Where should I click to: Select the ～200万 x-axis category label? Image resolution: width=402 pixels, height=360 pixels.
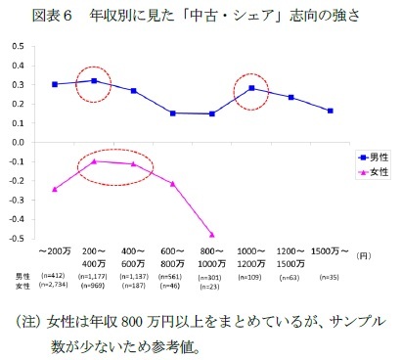pyautogui.click(x=55, y=252)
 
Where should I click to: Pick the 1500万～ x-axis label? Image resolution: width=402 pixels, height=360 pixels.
pyautogui.click(x=331, y=252)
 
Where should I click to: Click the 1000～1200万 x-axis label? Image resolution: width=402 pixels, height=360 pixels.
pyautogui.click(x=251, y=258)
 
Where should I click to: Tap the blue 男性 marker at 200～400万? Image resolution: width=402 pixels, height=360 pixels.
pyautogui.click(x=94, y=81)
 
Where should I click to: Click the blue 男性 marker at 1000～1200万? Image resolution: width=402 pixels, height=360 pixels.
pyautogui.click(x=251, y=88)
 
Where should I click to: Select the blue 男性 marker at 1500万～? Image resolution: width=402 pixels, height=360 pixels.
pyautogui.click(x=331, y=111)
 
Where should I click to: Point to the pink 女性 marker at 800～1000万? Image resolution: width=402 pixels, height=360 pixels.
pyautogui.click(x=212, y=235)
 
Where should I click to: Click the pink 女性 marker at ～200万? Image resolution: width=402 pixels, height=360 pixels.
pyautogui.click(x=55, y=189)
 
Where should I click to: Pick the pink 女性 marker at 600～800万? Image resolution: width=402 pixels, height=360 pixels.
pyautogui.click(x=173, y=184)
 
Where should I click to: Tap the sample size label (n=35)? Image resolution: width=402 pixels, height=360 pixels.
pyautogui.click(x=331, y=277)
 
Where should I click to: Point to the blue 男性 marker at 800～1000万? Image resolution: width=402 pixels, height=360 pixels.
pyautogui.click(x=212, y=113)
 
